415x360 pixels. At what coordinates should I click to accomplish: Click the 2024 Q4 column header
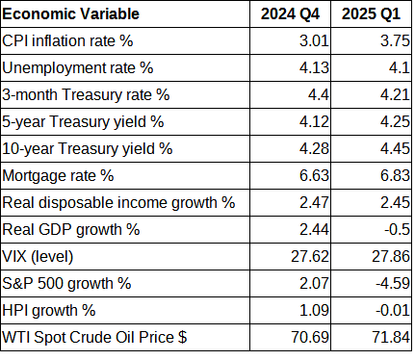pyautogui.click(x=293, y=15)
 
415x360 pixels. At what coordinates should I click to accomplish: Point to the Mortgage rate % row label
pyautogui.click(x=60, y=176)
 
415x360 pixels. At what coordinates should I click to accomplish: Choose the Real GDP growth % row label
pyautogui.click(x=72, y=230)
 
